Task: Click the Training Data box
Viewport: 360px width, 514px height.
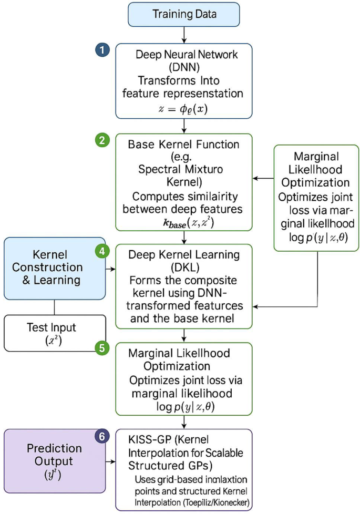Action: coord(183,14)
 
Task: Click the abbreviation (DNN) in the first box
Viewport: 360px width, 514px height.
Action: coord(183,67)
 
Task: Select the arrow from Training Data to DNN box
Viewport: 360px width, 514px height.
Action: coord(183,35)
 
